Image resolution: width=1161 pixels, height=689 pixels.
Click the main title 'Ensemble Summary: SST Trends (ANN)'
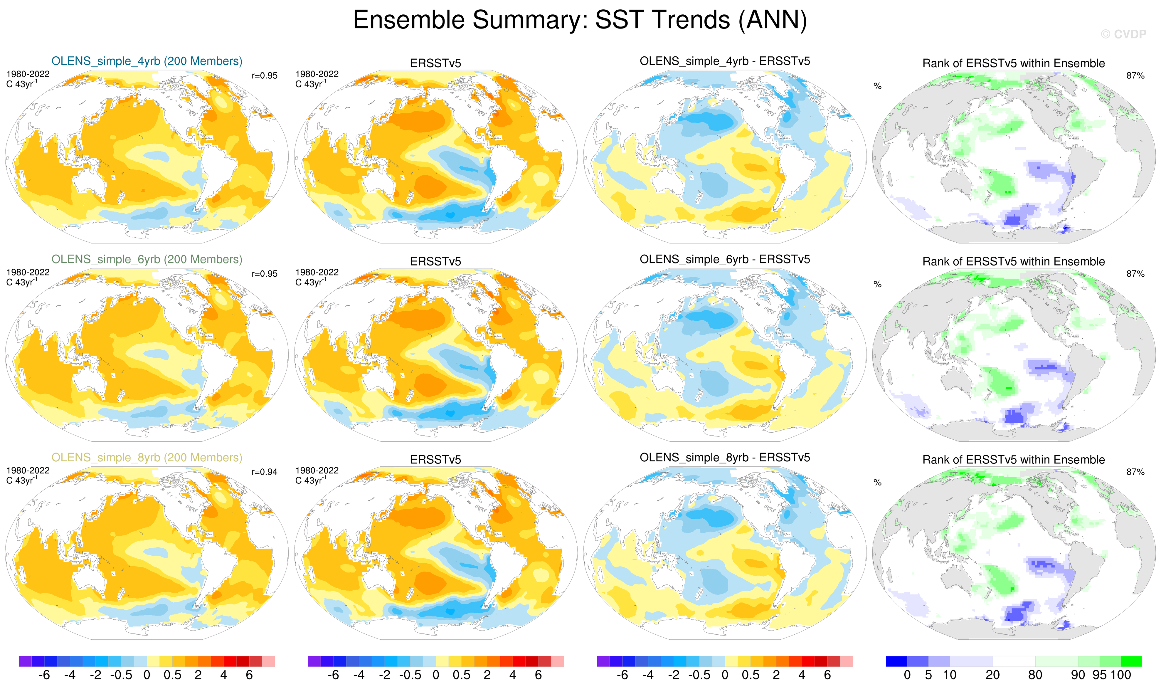point(580,20)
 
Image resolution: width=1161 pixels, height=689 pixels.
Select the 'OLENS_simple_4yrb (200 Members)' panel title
point(147,61)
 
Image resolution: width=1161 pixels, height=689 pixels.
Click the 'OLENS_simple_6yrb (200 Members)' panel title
point(147,260)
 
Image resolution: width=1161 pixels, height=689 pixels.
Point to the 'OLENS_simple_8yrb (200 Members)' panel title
point(147,458)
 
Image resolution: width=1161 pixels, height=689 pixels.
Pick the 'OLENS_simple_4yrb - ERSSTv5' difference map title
point(725,61)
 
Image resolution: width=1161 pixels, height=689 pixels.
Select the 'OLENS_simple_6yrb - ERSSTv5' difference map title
point(725,260)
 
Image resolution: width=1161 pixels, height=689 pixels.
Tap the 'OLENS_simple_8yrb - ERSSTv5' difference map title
point(725,458)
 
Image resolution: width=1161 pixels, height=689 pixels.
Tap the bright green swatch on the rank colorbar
point(1131,661)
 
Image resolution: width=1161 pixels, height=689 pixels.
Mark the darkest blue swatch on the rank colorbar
point(896,661)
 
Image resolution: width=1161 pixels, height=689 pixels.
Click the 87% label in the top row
point(1135,76)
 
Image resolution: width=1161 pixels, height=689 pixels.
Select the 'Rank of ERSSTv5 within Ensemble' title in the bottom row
point(1013,460)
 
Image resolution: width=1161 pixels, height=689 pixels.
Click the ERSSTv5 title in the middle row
point(435,261)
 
